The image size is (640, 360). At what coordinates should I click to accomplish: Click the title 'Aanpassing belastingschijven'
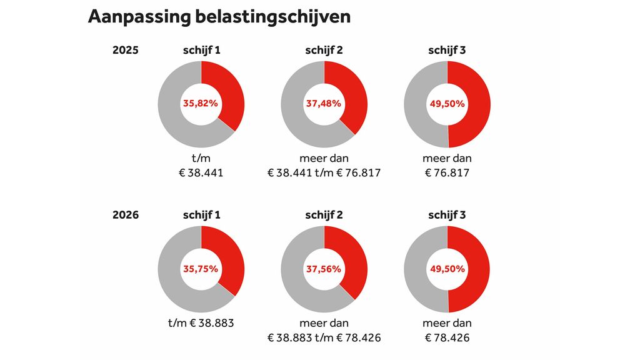(219, 17)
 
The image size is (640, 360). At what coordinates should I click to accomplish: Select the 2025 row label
(125, 51)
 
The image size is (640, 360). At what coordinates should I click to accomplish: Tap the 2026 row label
(125, 215)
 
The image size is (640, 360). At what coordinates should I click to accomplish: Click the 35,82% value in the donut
(201, 104)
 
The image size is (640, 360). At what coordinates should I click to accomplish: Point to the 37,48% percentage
(324, 104)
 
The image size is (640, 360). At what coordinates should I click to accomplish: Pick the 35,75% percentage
(201, 269)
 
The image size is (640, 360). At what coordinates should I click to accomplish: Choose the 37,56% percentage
(324, 269)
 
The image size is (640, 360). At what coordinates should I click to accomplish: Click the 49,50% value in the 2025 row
(447, 104)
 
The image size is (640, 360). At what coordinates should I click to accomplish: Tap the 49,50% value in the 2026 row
(447, 269)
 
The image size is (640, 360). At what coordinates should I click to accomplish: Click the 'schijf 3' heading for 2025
(447, 51)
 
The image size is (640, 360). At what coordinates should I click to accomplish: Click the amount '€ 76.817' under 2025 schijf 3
(447, 173)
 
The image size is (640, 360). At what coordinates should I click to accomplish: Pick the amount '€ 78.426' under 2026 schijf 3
(447, 338)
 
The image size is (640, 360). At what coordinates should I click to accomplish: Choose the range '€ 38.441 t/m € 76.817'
(324, 173)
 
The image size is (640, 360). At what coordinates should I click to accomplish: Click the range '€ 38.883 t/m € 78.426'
(324, 338)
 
